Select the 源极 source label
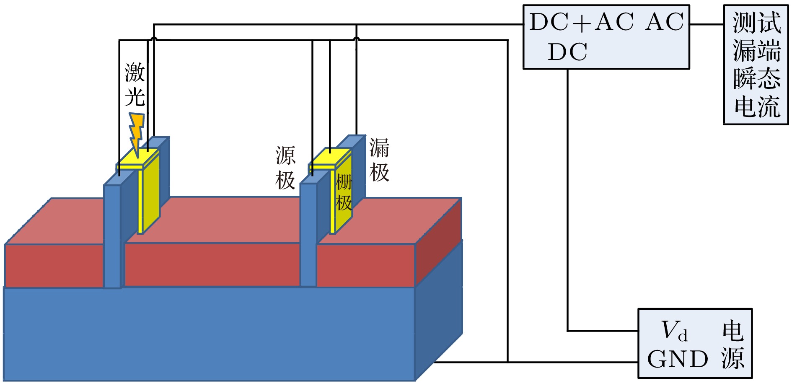tap(285, 168)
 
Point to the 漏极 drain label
tap(379, 160)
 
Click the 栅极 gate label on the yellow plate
tap(344, 193)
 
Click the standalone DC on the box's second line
tap(567, 52)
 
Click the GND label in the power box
tap(678, 360)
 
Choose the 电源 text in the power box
tap(732, 345)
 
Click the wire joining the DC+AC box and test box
tap(707, 24)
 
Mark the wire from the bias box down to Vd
tap(568, 201)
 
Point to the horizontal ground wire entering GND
tap(574, 362)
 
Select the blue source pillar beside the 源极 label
tap(308, 235)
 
